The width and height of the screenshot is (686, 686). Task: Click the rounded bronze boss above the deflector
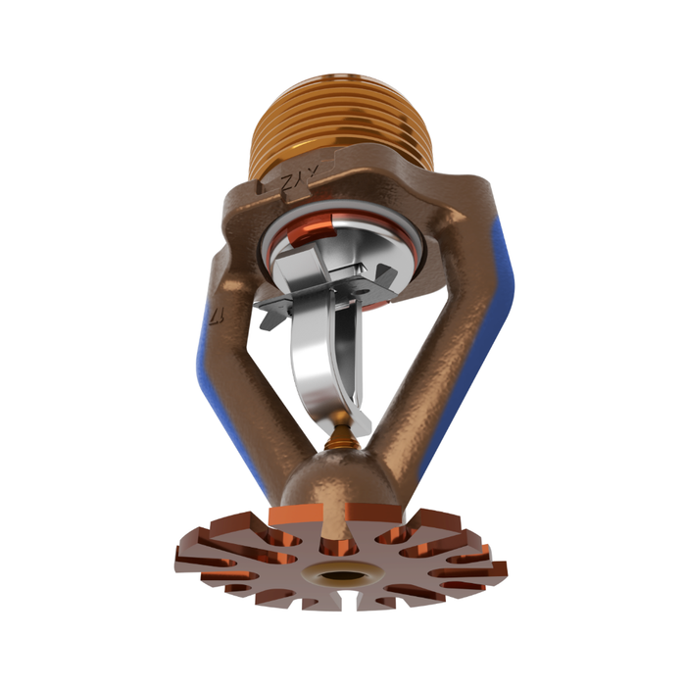tap(338, 480)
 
